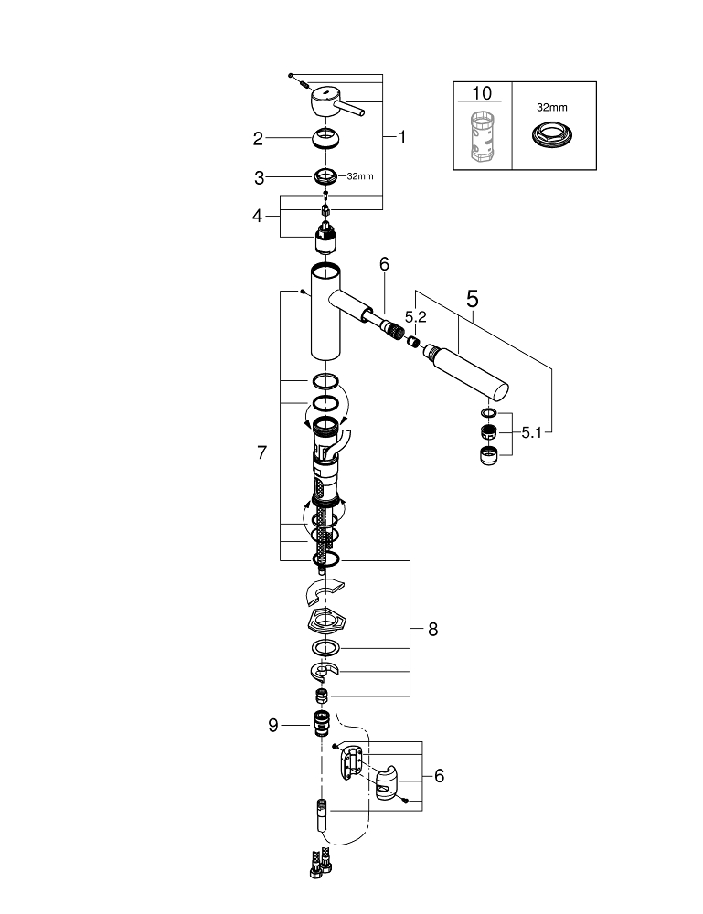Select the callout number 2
click(259, 139)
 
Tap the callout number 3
click(259, 177)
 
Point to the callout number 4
click(259, 217)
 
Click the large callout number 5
click(473, 299)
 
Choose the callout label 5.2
click(416, 316)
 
